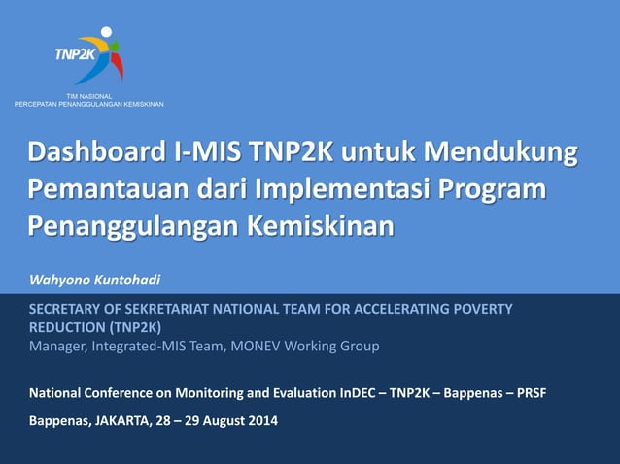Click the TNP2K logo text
76,54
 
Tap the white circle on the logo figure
106,32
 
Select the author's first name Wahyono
60,281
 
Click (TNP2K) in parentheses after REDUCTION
136,327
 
